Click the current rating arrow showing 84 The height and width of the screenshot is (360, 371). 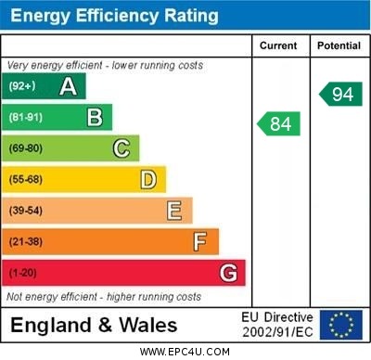pos(278,123)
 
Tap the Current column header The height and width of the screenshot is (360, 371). pos(278,45)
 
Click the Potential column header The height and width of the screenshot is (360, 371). pos(339,45)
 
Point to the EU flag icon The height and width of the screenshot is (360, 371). pos(340,325)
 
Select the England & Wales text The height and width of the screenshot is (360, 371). pos(94,326)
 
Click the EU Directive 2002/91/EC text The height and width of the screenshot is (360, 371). pos(278,325)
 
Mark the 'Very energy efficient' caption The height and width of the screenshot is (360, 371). pos(104,66)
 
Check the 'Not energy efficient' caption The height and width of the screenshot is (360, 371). pos(104,297)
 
